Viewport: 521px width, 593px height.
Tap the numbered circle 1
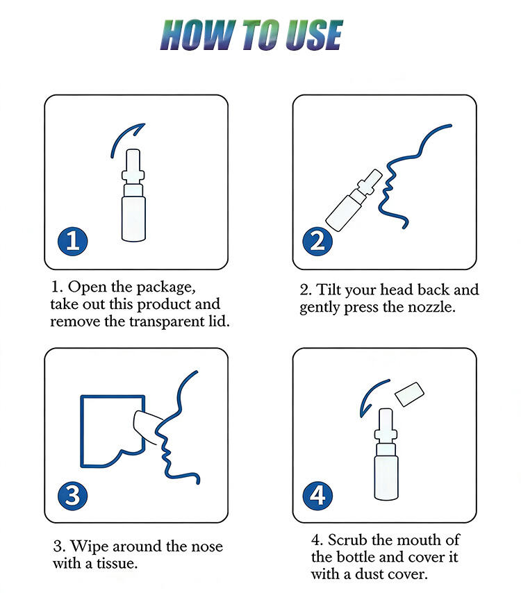(x=73, y=241)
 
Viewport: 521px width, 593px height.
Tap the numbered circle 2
(x=317, y=241)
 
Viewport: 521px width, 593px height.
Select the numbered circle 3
(x=73, y=495)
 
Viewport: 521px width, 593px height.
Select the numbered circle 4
(x=317, y=495)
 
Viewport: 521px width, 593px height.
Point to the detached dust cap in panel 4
(x=409, y=394)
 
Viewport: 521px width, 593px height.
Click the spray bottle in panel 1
(x=133, y=195)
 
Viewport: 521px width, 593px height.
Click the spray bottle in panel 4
(x=386, y=454)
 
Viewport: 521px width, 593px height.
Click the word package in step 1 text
(x=166, y=287)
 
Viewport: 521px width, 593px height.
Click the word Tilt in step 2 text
(x=329, y=290)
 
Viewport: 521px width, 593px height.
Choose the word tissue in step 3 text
(x=117, y=564)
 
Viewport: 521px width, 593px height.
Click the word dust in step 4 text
(x=369, y=574)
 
